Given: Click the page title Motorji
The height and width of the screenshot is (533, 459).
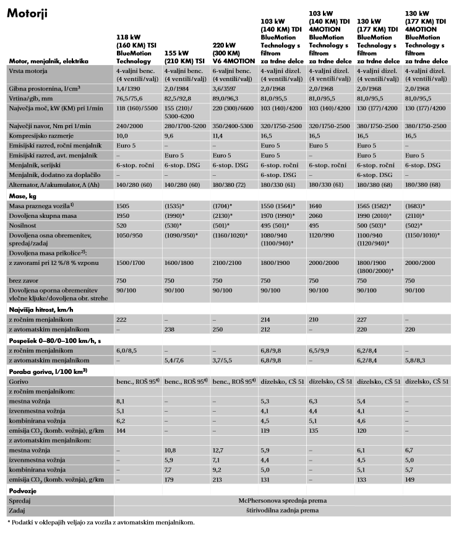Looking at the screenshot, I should (x=28, y=13).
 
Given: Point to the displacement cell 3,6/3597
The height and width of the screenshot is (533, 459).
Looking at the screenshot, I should (x=227, y=90).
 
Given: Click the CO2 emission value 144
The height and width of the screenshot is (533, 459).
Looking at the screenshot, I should (x=121, y=430).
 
